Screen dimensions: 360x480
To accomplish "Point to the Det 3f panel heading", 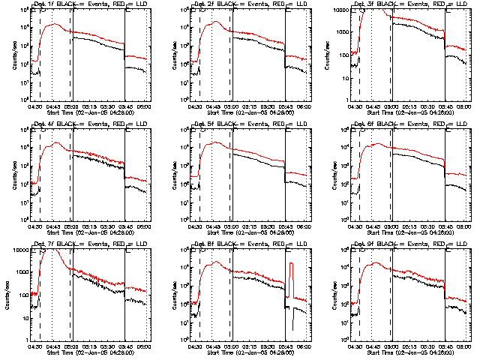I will [x=409, y=5].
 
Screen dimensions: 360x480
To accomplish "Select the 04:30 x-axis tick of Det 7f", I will [x=34, y=346].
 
